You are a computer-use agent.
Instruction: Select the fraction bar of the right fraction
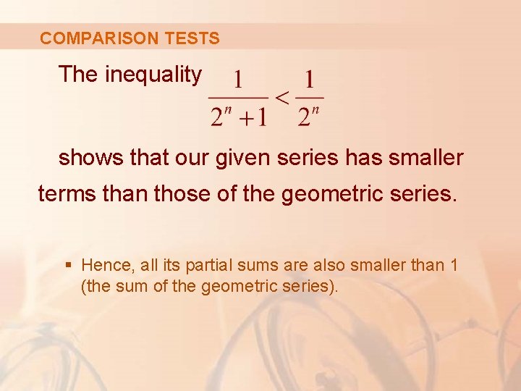coord(310,98)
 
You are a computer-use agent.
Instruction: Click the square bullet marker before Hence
coord(68,266)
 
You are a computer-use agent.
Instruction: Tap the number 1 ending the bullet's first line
coord(453,265)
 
